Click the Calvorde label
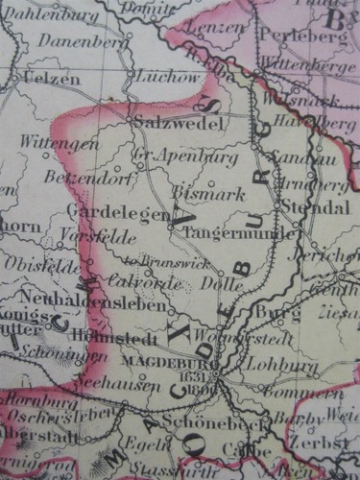tap(147, 282)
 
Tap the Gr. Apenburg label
tap(175, 155)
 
